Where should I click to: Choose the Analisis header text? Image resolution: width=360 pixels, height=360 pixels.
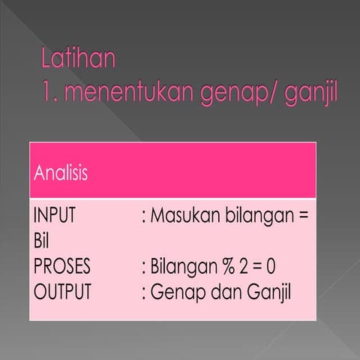coord(61,174)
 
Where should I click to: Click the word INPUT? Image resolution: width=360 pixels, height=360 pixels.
coord(55,217)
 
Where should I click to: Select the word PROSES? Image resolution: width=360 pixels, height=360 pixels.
coord(62,267)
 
